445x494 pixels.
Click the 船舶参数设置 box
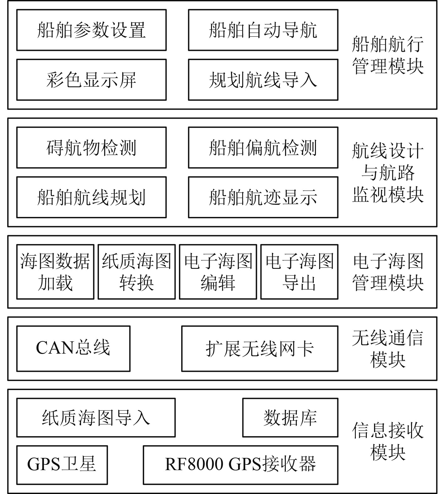[x=91, y=30]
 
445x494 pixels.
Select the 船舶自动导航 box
[x=263, y=30]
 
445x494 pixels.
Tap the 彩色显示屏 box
[x=91, y=80]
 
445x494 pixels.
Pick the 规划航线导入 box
[x=263, y=80]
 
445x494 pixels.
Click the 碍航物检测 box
[x=91, y=148]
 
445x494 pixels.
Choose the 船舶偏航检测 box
[x=263, y=148]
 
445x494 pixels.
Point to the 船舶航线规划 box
[x=91, y=197]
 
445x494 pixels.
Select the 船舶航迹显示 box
[x=263, y=197]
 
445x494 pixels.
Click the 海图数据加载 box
[x=55, y=272]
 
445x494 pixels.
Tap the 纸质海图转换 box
[x=137, y=272]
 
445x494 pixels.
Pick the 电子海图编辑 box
[x=218, y=272]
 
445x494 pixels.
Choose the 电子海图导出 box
[x=299, y=272]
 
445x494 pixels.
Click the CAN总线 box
[x=73, y=349]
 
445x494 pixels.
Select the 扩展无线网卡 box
[x=260, y=349]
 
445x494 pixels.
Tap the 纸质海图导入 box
[x=96, y=418]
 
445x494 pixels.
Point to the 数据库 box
[x=290, y=418]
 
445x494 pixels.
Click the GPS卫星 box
[x=62, y=465]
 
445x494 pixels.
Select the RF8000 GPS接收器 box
[x=241, y=465]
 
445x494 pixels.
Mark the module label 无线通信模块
[x=388, y=349]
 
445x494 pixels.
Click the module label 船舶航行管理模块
[x=388, y=55]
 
